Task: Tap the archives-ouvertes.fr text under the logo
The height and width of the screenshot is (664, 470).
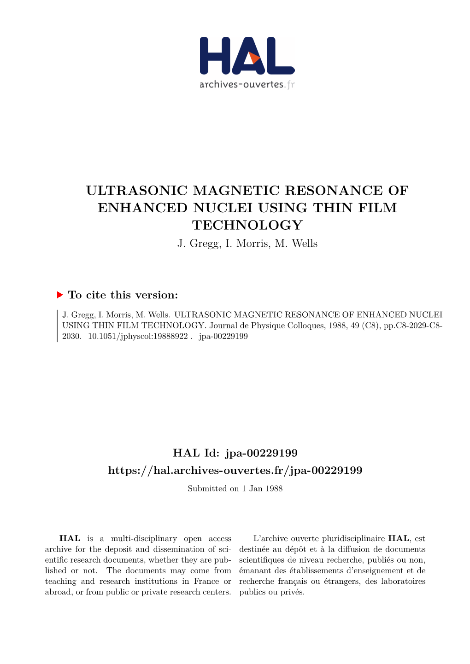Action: (247, 85)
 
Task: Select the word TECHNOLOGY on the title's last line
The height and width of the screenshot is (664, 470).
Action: (247, 225)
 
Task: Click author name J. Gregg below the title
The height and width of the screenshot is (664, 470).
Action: (199, 244)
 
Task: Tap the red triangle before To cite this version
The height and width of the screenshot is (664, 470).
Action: (60, 295)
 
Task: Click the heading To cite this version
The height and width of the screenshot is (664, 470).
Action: (123, 295)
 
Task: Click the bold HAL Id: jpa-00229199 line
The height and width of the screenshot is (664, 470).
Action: (235, 453)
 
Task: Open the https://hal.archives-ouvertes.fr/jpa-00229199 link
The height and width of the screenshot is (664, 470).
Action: (235, 470)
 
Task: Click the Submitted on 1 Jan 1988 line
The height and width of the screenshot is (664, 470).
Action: (235, 489)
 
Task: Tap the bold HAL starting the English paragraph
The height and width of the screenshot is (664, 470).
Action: (70, 538)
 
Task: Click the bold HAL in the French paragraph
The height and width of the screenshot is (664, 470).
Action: (399, 538)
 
